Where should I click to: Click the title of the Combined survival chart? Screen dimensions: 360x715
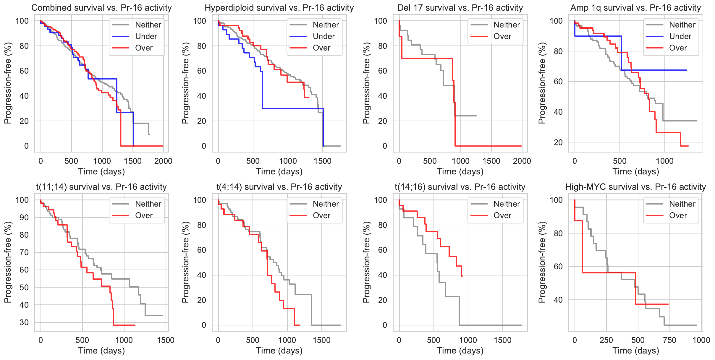click(101, 8)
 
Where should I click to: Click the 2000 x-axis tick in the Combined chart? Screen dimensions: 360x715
click(163, 161)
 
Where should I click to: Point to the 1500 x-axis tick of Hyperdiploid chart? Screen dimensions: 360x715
click(323, 161)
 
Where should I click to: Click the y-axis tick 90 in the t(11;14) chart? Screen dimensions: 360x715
click(24, 218)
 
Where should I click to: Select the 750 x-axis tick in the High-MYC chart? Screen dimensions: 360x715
click(669, 340)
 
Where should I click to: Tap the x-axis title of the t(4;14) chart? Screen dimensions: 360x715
click(279, 351)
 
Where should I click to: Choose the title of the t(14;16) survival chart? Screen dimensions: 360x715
click(460, 187)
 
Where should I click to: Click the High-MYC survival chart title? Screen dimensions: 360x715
click(635, 187)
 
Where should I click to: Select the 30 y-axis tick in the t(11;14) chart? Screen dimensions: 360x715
click(24, 322)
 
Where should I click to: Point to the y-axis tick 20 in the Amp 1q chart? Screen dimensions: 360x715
click(558, 142)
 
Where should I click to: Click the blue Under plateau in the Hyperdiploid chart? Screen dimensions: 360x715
click(293, 109)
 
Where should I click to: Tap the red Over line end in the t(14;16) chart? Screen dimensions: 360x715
click(462, 276)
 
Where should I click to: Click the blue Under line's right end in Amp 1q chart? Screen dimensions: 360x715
click(686, 70)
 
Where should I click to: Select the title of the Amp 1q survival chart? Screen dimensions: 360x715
click(635, 8)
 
